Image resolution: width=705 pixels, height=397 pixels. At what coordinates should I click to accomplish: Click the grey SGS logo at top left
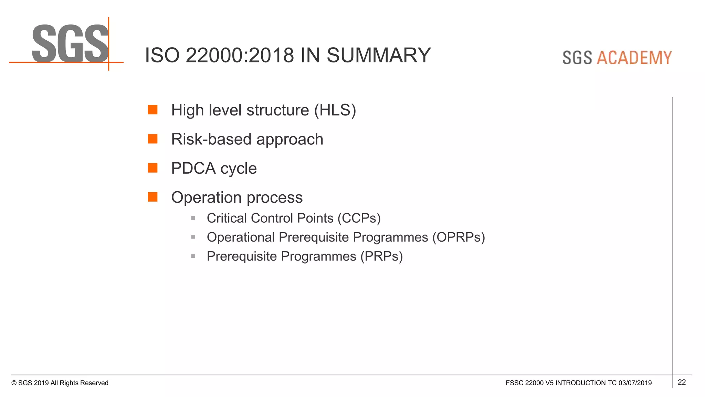coord(70,43)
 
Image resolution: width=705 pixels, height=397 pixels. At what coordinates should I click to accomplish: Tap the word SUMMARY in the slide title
coord(378,55)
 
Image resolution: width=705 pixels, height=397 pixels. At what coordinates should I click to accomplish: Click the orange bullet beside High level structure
coord(152,110)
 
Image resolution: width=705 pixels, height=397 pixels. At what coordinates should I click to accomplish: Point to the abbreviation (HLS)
coord(335,110)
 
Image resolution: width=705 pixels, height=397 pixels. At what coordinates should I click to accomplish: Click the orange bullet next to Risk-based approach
coord(152,139)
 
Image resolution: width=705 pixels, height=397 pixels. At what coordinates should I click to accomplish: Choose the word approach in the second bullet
coord(290,140)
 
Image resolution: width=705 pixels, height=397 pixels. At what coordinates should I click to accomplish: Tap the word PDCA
coord(193,169)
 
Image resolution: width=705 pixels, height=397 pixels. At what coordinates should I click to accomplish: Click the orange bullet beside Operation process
coord(152,197)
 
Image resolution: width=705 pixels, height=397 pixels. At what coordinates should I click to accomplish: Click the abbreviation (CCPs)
coord(359,218)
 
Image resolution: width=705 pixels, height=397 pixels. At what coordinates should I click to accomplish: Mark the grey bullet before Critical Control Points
coord(193,218)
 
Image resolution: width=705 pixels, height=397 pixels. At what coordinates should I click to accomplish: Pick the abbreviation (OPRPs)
coord(458,237)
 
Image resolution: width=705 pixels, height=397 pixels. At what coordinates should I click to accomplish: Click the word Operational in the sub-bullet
coord(241,237)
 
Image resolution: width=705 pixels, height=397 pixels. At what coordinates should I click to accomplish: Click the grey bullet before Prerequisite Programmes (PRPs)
coord(193,256)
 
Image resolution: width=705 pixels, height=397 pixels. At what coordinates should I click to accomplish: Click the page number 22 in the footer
coord(682,382)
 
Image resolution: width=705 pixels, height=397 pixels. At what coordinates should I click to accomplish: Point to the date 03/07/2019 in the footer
coord(635,383)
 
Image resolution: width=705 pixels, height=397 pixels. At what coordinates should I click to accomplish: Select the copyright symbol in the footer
coord(14,383)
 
